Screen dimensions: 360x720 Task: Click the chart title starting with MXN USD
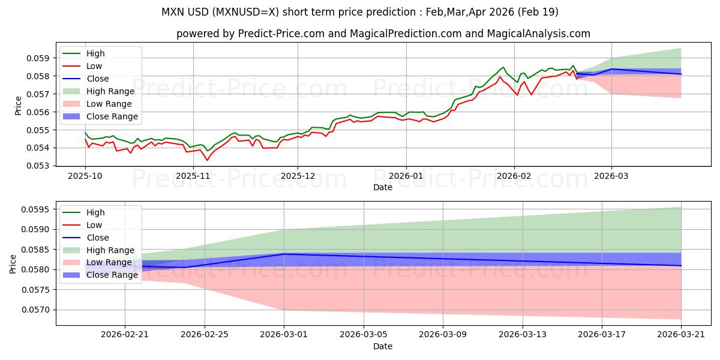[x=360, y=12]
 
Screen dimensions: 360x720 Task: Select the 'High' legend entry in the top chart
[x=95, y=53]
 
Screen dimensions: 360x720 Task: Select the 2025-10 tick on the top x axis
[x=85, y=176]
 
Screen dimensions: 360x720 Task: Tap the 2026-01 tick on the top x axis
[x=406, y=176]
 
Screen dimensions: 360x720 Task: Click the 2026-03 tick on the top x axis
[x=611, y=176]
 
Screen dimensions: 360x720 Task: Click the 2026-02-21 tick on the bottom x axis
[x=125, y=335]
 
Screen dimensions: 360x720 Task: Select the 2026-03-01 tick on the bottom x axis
[x=284, y=335]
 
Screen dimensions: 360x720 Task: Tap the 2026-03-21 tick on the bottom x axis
[x=681, y=335]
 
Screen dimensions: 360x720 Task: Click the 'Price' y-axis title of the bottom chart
[x=13, y=263]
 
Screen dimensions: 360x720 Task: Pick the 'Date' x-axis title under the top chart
[x=383, y=187]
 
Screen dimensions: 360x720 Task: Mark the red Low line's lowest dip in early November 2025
[x=208, y=160]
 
